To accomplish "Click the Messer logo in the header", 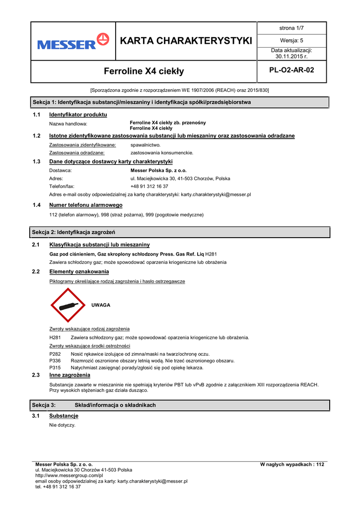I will click(73, 41).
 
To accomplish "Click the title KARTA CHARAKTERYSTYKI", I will click(186, 41).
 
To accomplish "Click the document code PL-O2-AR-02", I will click(291, 70).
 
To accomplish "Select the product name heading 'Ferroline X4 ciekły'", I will click(144, 71).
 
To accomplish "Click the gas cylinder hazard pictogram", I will click(69, 305).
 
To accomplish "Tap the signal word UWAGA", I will click(101, 305).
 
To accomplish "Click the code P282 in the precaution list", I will click(55, 354).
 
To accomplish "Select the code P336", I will click(55, 361).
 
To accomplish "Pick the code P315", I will click(55, 368).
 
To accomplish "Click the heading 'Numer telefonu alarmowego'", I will click(86, 205).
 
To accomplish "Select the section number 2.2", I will click(36, 272).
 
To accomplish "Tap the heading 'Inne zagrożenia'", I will click(70, 376).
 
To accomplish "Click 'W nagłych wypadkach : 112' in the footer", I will click(292, 464).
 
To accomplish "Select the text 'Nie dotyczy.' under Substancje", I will click(63, 426).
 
